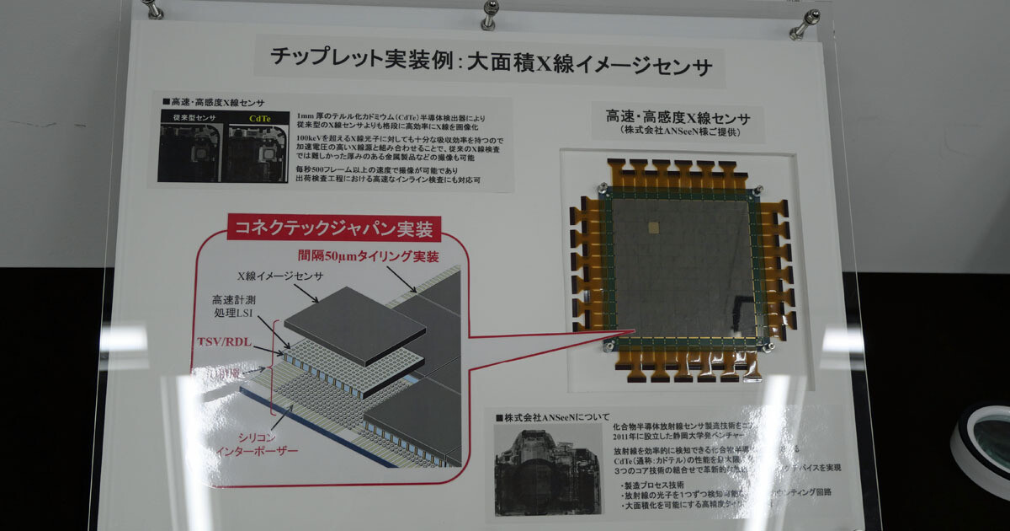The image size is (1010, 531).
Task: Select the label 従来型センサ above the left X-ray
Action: tap(190, 119)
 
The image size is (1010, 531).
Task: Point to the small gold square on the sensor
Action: tap(654, 227)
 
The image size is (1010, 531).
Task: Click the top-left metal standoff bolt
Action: tap(151, 8)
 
